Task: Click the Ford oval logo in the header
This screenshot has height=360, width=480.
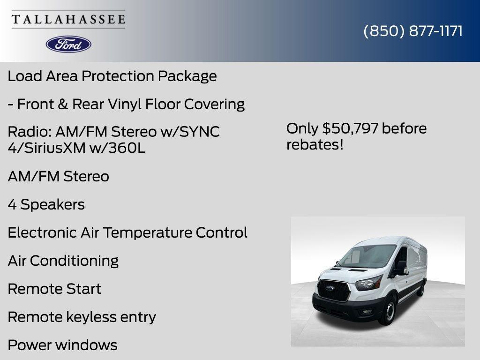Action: [x=68, y=44]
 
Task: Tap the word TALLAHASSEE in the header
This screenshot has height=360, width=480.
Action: [x=68, y=20]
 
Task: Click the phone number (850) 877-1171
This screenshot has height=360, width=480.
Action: [x=412, y=31]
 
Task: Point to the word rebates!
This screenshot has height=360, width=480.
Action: [x=315, y=144]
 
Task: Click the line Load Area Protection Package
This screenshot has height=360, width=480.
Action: [x=112, y=76]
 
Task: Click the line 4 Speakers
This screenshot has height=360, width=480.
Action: [x=46, y=204]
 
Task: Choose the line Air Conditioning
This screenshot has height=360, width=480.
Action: [x=63, y=261]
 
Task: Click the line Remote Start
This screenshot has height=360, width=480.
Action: [x=54, y=289]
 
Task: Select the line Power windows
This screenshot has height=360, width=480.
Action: [x=62, y=345]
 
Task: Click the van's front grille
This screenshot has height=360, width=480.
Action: [x=333, y=291]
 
